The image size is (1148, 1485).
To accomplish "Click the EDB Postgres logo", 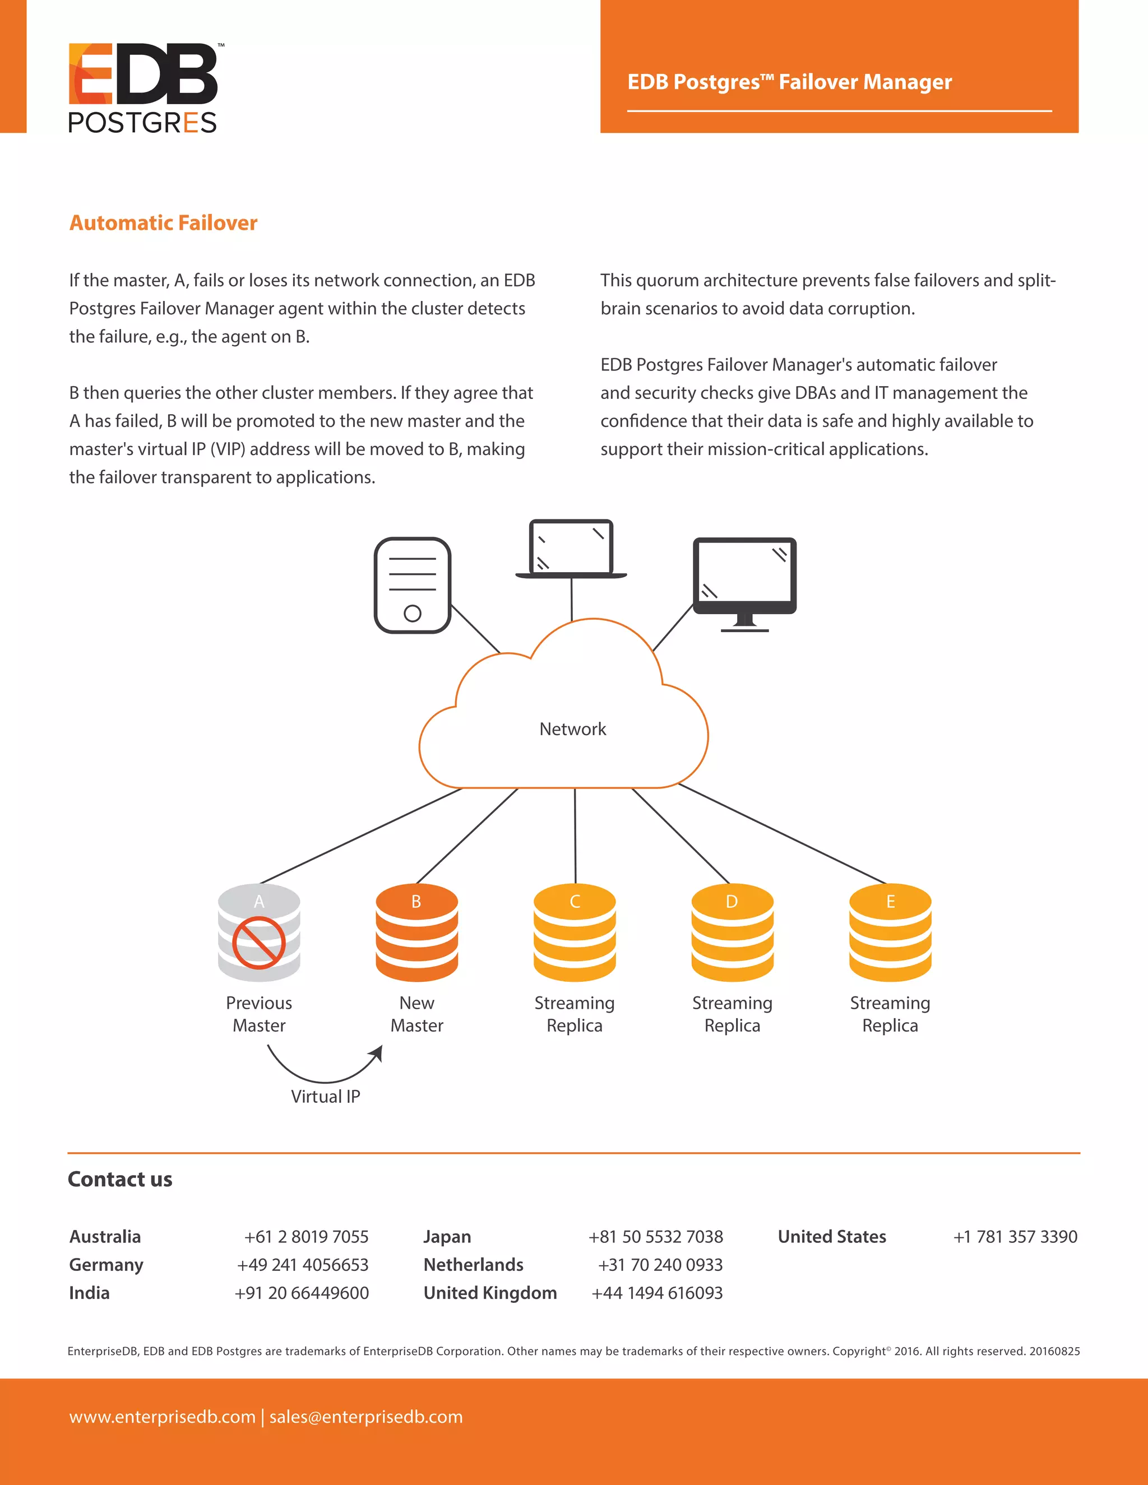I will [143, 87].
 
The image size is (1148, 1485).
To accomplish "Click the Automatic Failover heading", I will [163, 223].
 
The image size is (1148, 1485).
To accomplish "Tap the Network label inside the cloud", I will [573, 729].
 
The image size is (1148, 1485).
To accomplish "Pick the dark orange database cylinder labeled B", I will [417, 933].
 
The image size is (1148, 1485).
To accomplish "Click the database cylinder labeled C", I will [575, 933].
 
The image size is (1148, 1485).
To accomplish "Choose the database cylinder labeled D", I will [733, 933].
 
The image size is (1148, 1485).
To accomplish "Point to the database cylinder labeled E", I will [890, 933].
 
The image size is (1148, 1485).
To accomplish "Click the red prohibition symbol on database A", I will [258, 943].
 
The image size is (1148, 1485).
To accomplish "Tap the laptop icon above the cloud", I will [571, 549].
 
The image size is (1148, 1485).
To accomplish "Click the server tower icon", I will [412, 584].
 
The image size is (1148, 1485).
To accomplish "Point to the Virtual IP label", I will [326, 1097].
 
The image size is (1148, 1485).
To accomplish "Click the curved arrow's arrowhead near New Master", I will [377, 1054].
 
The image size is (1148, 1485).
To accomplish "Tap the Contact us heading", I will [121, 1179].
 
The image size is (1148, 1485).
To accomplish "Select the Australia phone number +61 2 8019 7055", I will [306, 1237].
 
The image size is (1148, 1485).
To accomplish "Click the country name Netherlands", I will [473, 1265].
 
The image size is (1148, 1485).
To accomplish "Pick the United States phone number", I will [1015, 1237].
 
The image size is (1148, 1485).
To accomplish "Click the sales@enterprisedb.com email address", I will [366, 1417].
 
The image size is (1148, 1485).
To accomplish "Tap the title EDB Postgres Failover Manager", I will [790, 82].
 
